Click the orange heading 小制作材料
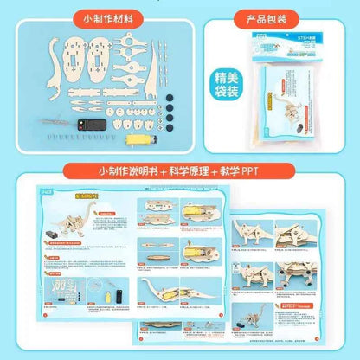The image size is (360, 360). [x=108, y=17]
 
